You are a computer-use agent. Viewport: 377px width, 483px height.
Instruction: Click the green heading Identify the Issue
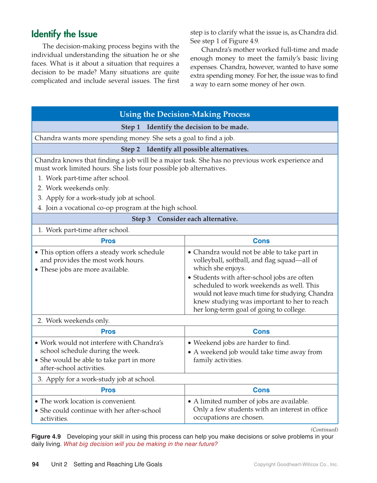[x=64, y=34]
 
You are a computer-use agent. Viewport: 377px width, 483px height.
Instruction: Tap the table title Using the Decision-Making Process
[x=185, y=114]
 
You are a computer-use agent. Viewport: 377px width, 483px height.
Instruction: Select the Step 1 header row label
[x=185, y=127]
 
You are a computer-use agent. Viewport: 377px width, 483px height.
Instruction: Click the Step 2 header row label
[x=185, y=149]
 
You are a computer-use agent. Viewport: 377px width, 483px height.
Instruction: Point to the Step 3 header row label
[x=185, y=219]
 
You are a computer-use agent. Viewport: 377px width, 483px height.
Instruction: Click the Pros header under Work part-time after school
[x=108, y=241]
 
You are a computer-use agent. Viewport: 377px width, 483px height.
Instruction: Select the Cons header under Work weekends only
[x=261, y=331]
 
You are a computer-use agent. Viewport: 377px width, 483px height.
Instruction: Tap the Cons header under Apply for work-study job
[x=261, y=390]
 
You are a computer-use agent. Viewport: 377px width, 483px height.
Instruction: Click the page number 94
[x=35, y=464]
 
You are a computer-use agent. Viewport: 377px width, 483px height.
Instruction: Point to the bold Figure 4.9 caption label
[x=46, y=437]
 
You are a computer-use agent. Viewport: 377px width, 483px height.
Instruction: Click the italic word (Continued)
[x=324, y=430]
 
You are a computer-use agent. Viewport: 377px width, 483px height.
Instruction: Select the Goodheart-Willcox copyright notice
[x=296, y=464]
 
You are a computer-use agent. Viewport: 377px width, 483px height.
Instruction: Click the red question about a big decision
[x=141, y=444]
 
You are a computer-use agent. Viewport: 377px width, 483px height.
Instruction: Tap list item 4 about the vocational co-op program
[x=121, y=208]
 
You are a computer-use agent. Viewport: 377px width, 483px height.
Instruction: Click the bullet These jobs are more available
[x=84, y=269]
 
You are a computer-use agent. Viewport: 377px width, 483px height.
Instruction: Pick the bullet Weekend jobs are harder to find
[x=242, y=343]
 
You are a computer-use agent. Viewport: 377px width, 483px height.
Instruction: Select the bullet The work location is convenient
[x=88, y=401]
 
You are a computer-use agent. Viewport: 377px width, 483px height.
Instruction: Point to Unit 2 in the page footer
[x=59, y=464]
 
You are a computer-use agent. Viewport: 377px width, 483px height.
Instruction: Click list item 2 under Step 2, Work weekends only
[x=78, y=188]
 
